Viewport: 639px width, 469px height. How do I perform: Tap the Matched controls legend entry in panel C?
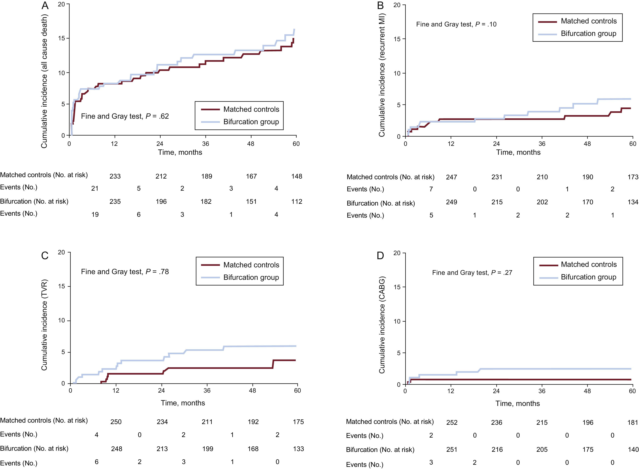pos(251,265)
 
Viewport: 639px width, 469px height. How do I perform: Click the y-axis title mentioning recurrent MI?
pos(382,75)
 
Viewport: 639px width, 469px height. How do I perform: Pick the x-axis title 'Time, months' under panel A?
pos(180,152)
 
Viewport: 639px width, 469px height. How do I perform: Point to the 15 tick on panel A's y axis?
pos(62,38)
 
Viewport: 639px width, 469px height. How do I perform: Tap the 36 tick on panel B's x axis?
pos(542,144)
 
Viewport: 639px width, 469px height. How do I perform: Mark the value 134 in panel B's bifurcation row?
pos(633,202)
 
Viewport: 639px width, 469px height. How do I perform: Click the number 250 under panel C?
pos(116,422)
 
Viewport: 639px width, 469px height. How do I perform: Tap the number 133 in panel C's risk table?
pos(298,449)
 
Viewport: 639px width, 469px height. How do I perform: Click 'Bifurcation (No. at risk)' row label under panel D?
pos(380,450)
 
